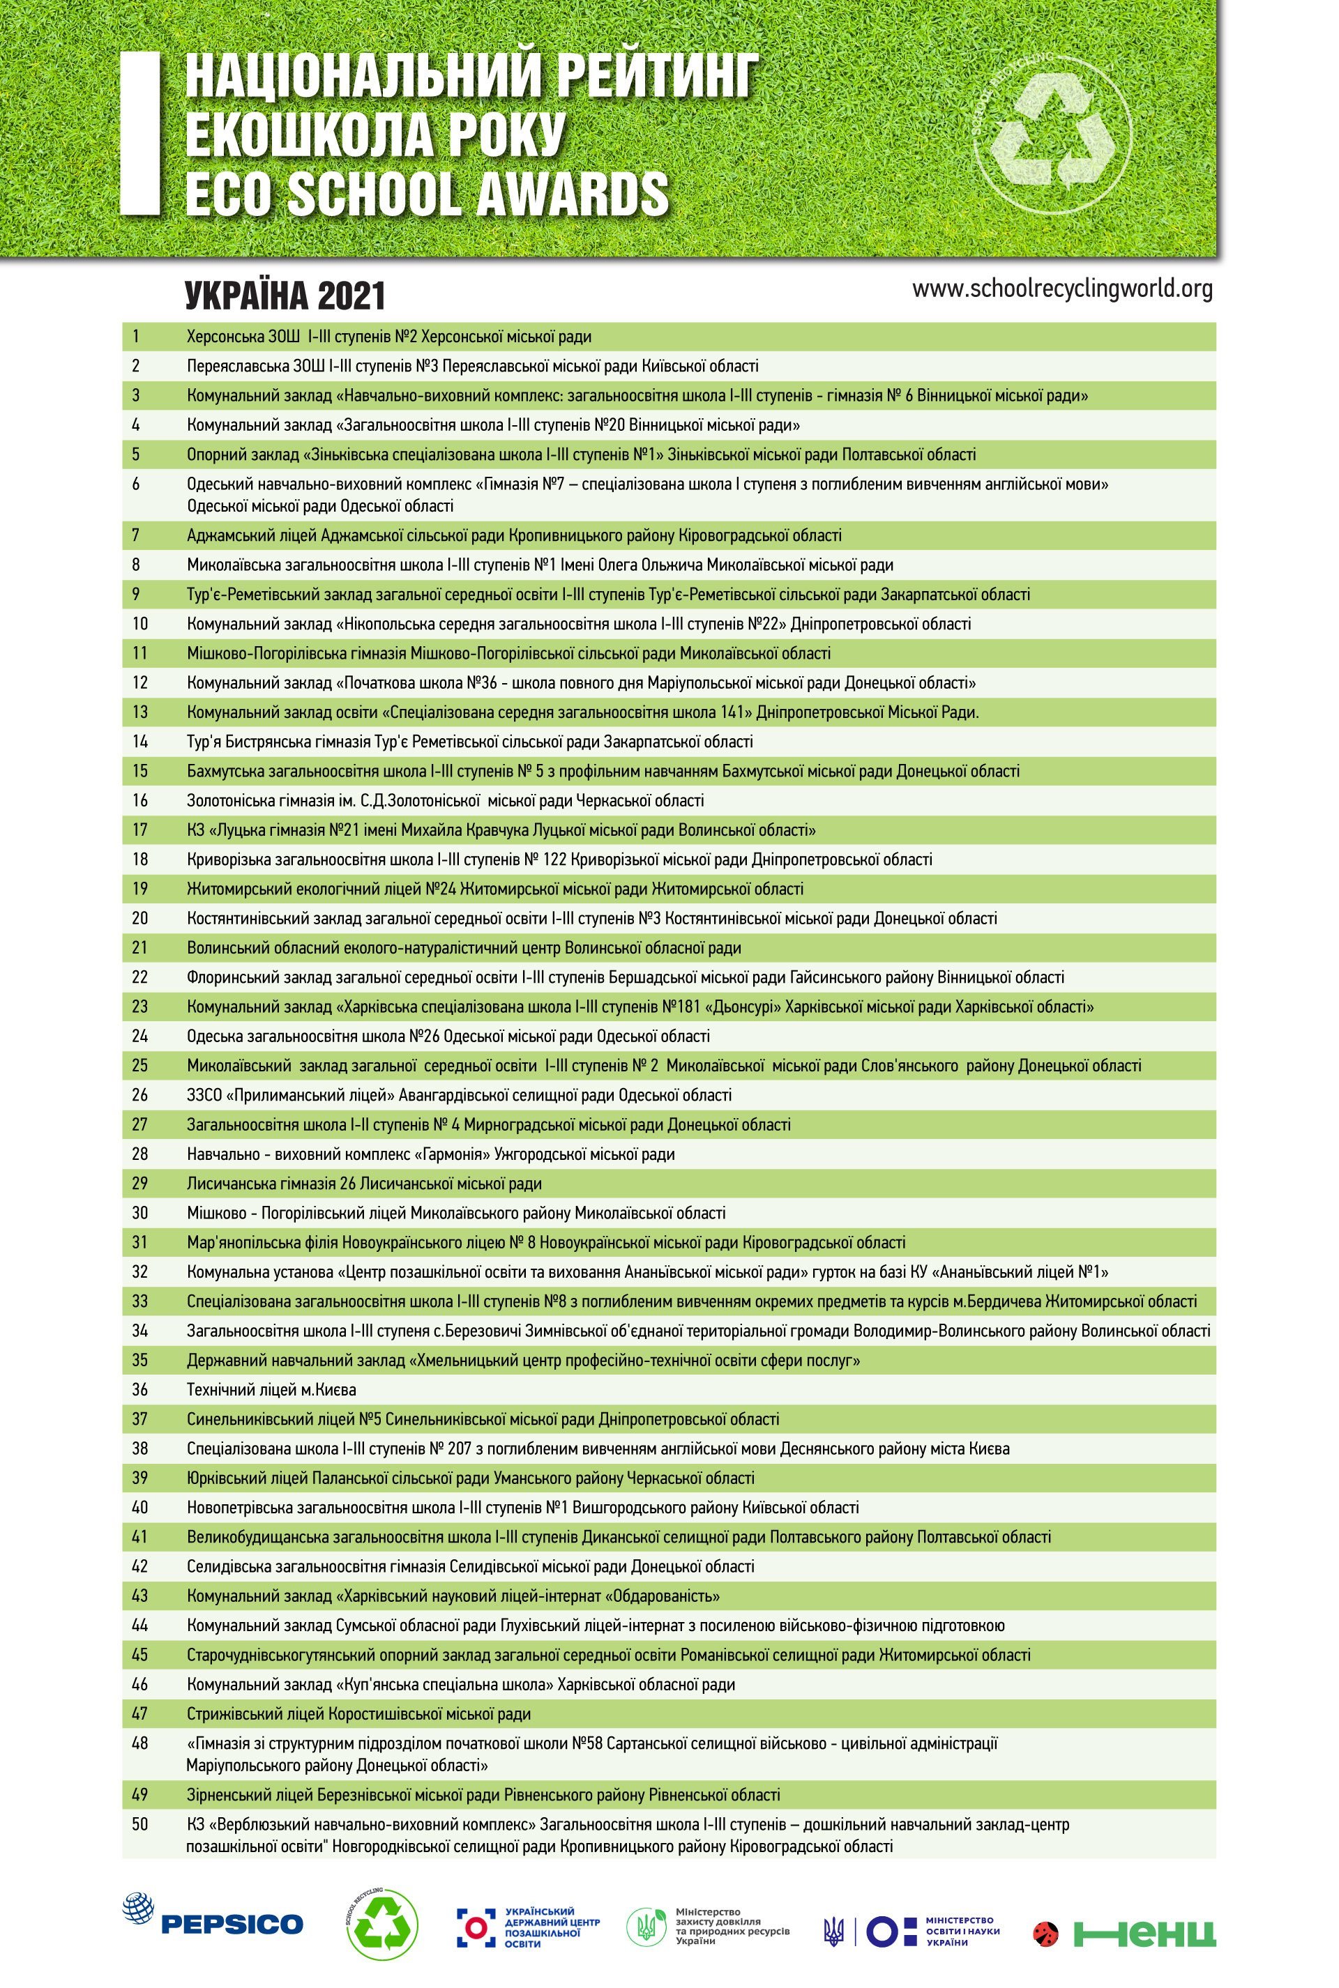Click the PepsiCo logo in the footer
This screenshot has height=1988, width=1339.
tap(213, 1922)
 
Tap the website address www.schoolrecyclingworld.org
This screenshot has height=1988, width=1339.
tap(1061, 289)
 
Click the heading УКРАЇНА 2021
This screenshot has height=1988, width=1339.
tap(285, 296)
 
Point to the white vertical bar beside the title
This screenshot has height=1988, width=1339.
tap(140, 132)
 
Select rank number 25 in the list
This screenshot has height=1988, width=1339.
tap(139, 1065)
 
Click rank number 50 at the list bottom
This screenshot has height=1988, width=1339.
tap(139, 1824)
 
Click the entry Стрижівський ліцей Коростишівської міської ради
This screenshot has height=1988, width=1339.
tap(358, 1713)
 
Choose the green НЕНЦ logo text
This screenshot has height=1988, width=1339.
tap(1144, 1932)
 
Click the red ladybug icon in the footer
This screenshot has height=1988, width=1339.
tap(1045, 1932)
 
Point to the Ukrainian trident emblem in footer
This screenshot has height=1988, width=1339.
tap(833, 1930)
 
